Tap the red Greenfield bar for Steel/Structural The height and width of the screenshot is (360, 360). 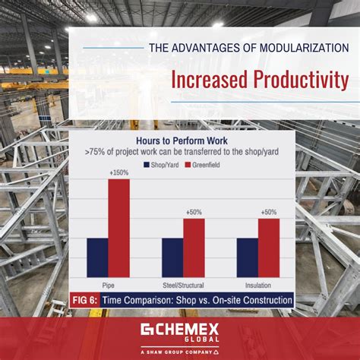tap(194, 248)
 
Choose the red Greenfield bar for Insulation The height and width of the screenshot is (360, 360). tap(269, 248)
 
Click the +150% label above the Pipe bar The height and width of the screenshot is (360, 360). tap(118, 174)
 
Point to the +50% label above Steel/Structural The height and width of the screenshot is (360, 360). tap(194, 213)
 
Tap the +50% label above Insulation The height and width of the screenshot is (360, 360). tap(269, 213)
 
